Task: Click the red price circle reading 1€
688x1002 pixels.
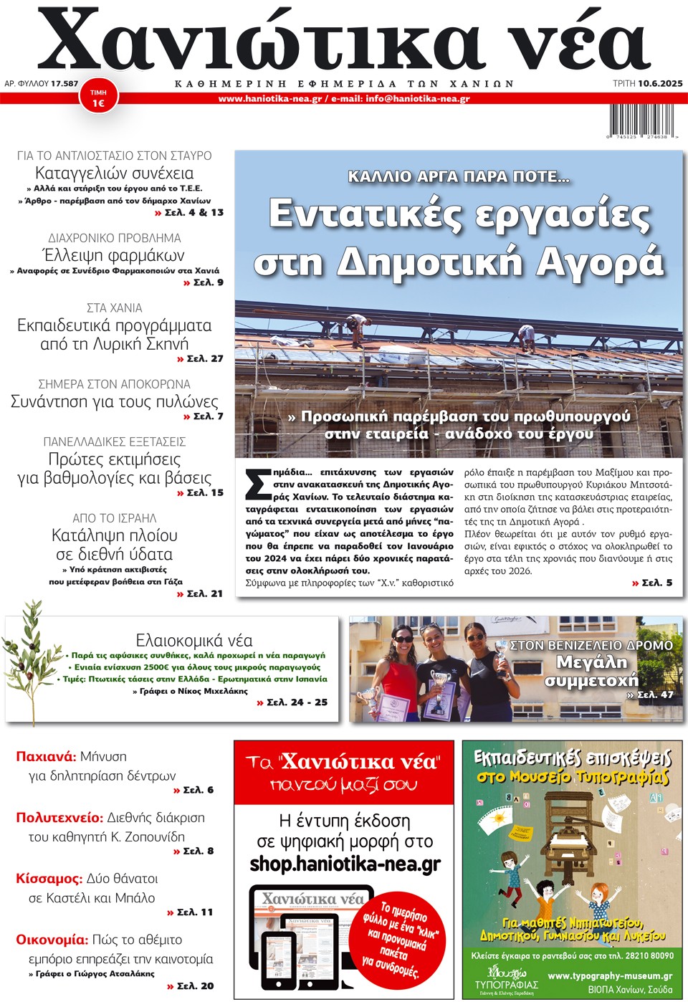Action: (98, 98)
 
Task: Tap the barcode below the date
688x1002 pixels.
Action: (640, 120)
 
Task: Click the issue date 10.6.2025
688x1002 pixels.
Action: (660, 84)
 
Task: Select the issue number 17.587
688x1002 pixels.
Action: (64, 84)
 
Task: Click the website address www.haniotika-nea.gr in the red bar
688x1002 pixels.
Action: (270, 99)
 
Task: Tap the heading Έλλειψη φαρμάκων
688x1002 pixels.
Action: (113, 255)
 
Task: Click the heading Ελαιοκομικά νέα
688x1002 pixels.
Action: (194, 640)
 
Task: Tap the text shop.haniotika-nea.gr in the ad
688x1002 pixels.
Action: (345, 864)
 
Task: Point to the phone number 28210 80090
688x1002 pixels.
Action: (652, 955)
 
